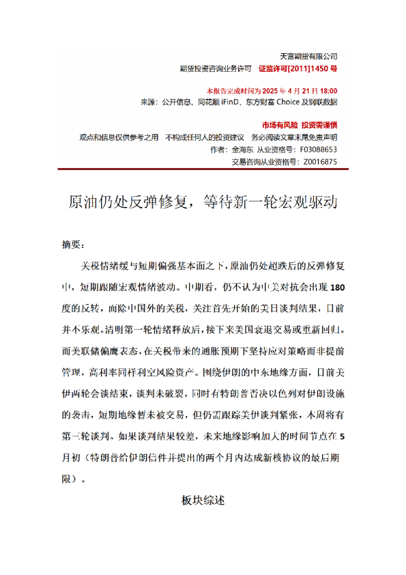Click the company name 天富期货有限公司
[x=309, y=56]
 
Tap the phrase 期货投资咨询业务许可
[x=214, y=68]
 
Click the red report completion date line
[x=272, y=91]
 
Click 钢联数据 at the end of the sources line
[x=323, y=102]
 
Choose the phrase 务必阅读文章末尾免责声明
[x=293, y=137]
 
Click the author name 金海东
[x=244, y=149]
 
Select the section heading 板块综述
[x=203, y=501]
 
